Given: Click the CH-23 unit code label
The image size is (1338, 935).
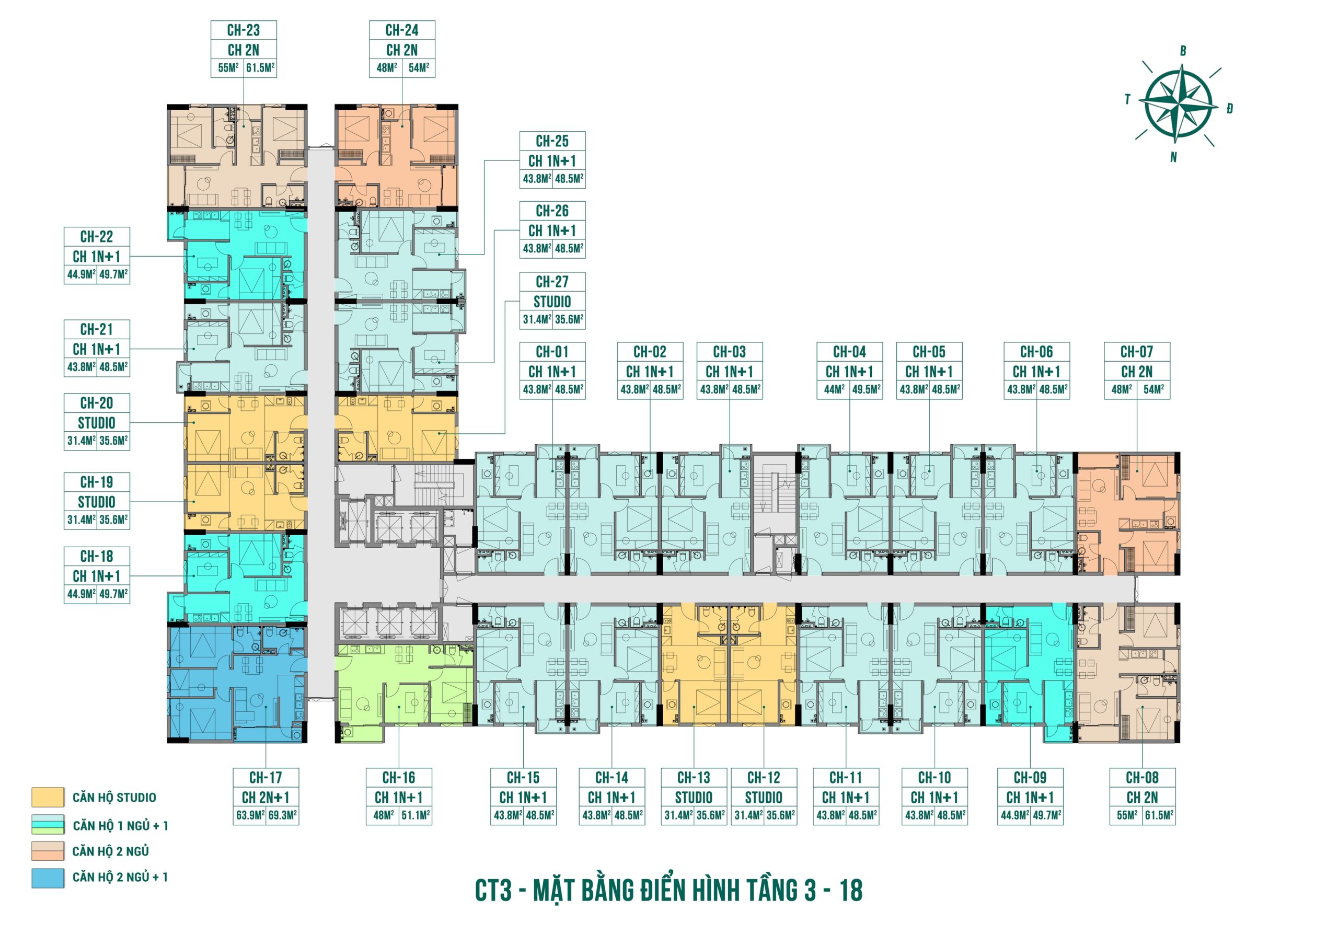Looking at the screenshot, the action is pos(244,30).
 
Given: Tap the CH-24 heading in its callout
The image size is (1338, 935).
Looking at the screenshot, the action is pos(402,30).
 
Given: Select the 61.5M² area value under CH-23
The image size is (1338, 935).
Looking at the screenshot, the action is pos(260,67).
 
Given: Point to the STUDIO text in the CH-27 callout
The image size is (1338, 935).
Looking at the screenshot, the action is pos(552,302).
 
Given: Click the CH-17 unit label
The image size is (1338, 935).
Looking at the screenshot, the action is pos(266,778).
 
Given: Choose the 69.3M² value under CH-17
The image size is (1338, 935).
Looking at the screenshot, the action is pos(282,815).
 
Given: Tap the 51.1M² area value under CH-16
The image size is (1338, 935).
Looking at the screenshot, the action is pos(416,815).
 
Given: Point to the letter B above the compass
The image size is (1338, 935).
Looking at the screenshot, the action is pos(1183,51).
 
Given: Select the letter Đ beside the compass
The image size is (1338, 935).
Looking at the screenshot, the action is pos(1230,108).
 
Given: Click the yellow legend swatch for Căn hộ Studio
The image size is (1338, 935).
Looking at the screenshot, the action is pos(48,798).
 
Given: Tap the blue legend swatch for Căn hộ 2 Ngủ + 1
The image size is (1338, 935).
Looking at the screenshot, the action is pos(48,878).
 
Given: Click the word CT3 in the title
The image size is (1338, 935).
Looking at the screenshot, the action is pos(493,891).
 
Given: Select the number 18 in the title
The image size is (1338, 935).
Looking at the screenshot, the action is pos(851,891).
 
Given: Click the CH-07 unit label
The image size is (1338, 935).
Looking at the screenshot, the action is pos(1137,352).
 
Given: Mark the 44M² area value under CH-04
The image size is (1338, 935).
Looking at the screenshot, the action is pos(834,389).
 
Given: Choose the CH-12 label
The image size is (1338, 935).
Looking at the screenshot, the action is pos(764,778).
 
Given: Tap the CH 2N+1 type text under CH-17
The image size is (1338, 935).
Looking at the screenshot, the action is pos(266,798).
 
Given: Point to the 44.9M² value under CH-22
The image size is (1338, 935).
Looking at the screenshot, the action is pos(81,274).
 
